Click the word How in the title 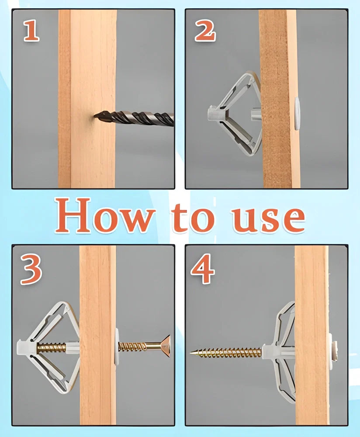(x=105, y=216)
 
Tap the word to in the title (x=192, y=217)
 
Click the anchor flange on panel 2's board (x=297, y=114)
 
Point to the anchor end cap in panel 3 (x=24, y=347)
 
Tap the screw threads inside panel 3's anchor (x=51, y=348)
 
